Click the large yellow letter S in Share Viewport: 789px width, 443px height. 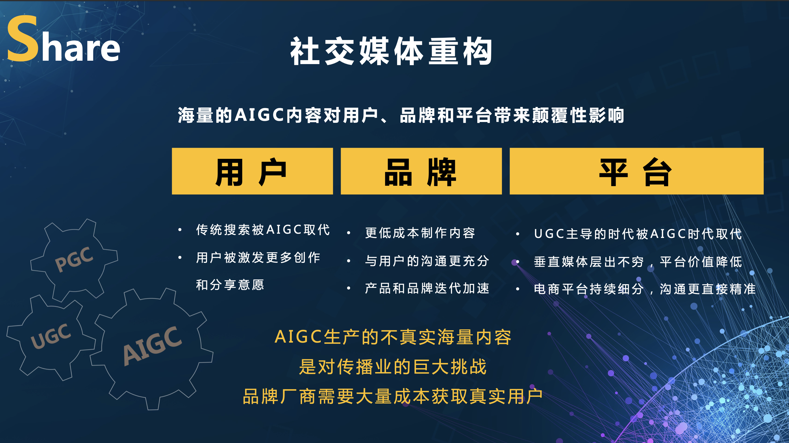(23, 39)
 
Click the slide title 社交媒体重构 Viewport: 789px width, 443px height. (391, 51)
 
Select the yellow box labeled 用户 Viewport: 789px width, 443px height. (252, 171)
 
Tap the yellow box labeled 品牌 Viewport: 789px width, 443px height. (421, 171)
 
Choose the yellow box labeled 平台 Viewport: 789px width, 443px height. (636, 171)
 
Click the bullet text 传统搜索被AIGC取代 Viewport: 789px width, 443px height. (263, 230)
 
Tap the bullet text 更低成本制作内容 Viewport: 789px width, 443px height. (420, 233)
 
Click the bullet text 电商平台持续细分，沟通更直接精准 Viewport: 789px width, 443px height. (645, 289)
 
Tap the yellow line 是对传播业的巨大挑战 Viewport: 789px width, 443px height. (393, 367)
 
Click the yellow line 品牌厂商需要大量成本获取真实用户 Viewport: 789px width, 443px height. (393, 396)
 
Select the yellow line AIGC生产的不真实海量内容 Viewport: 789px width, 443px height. (393, 337)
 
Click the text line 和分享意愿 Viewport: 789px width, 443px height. (230, 285)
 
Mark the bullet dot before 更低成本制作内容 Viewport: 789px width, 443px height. (349, 233)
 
